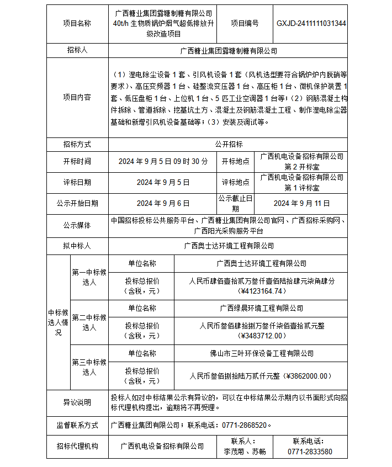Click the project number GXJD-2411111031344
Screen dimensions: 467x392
311,23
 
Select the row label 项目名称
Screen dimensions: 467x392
77,23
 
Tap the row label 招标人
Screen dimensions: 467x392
77,50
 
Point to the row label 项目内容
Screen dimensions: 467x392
77,97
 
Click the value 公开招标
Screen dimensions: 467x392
229,144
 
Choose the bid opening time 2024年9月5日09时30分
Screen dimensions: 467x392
163,161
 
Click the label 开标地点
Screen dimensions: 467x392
236,161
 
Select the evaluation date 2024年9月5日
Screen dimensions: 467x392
163,182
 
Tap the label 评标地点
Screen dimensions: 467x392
236,182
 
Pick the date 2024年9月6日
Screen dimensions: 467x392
163,203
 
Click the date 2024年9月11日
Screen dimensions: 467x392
301,203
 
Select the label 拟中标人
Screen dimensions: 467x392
77,246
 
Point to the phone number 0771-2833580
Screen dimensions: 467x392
310,452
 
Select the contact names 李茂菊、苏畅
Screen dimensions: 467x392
245,452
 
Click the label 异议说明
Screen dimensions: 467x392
77,402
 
